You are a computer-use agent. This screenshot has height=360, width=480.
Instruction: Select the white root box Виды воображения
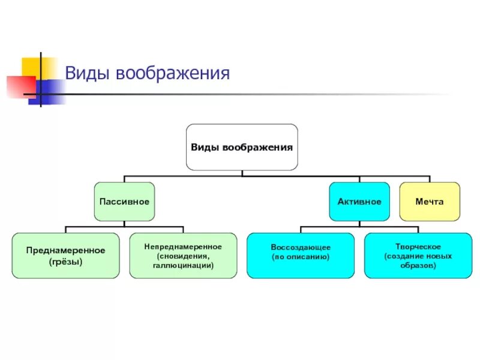(x=242, y=147)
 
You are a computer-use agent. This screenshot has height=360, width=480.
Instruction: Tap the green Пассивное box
(x=124, y=202)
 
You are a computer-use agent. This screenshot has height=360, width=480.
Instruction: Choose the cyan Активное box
(x=359, y=202)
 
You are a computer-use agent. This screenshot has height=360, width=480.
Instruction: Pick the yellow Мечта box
(x=430, y=202)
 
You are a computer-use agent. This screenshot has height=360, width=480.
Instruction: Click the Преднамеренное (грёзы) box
(x=65, y=256)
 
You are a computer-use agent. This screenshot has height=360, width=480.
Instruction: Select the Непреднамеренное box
(x=183, y=256)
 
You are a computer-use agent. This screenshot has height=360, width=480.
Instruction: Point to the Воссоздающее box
(x=301, y=256)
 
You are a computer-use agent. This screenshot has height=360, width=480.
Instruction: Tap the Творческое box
(x=418, y=256)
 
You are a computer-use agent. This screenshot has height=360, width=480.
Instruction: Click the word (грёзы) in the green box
(x=65, y=262)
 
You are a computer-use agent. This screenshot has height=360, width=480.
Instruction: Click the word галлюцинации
(x=183, y=265)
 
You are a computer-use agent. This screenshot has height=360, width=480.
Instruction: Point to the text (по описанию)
(x=301, y=256)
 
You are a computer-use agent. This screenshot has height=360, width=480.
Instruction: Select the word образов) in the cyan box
(x=418, y=265)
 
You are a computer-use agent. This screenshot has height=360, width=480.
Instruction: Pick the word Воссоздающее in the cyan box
(x=301, y=247)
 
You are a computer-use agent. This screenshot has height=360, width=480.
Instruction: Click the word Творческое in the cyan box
(x=418, y=247)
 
